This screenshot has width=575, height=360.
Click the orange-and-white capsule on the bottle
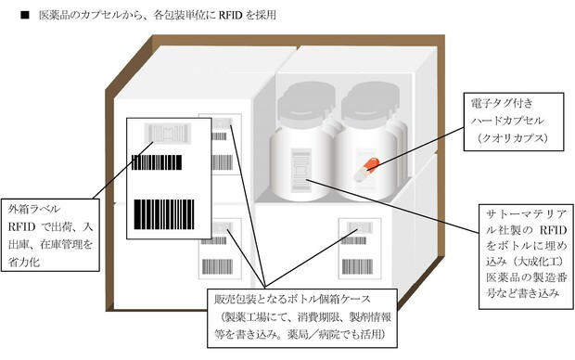coord(366,169)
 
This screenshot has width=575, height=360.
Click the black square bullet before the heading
coord(24,15)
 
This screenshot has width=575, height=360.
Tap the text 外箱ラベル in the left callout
coord(34,209)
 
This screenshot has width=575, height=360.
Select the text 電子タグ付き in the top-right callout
coord(502,104)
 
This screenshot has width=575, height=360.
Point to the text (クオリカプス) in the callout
coord(513,138)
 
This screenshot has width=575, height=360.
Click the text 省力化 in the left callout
coord(24,262)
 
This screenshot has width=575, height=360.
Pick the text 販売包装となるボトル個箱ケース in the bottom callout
coord(292,300)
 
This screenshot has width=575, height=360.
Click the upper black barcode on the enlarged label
coord(157,162)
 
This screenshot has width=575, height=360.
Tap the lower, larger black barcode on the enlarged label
coord(163,214)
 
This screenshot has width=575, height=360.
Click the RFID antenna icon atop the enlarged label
coord(168,133)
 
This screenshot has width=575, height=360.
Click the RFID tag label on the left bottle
coord(301,171)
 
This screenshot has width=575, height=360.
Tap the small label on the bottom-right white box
coord(360,249)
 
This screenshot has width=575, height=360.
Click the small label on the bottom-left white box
coord(220,249)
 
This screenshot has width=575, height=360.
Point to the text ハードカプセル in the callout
coord(508,121)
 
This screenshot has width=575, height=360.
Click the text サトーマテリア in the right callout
coord(526,214)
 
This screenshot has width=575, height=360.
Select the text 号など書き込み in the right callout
coord(522,293)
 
